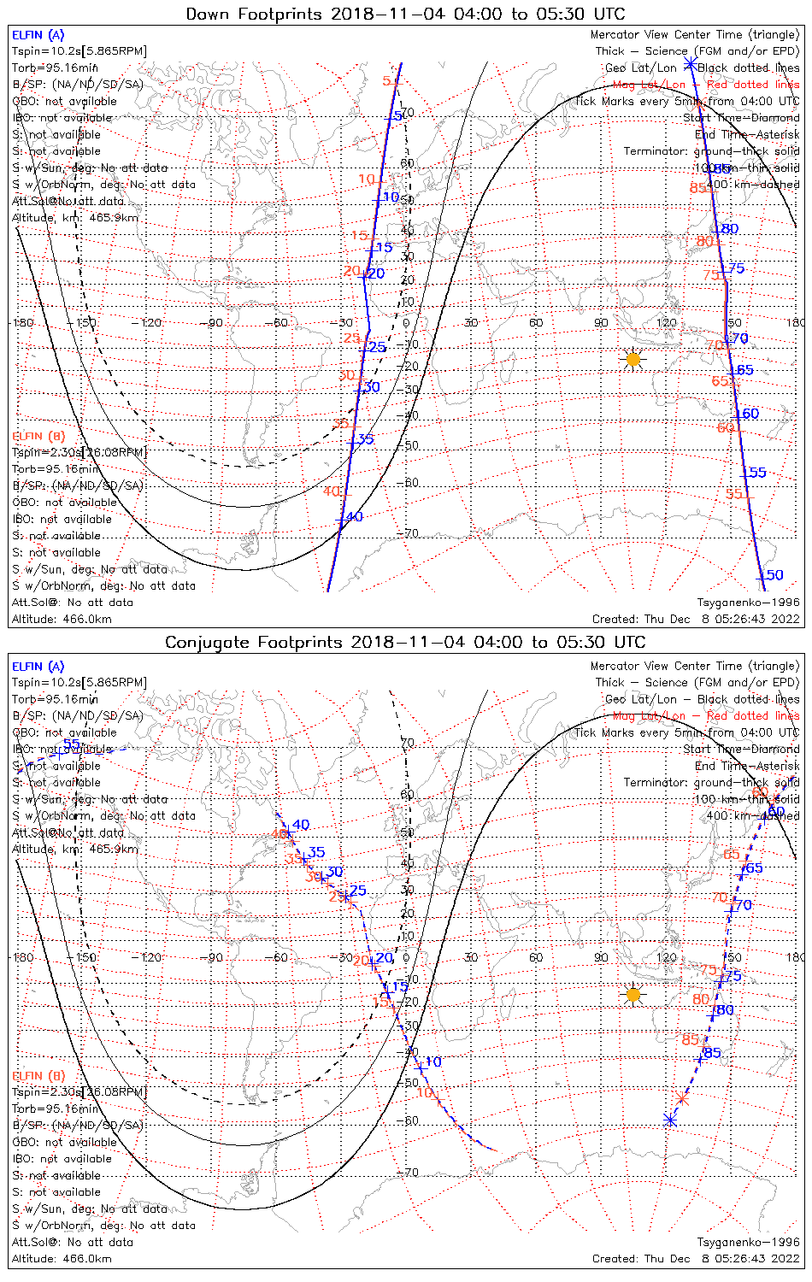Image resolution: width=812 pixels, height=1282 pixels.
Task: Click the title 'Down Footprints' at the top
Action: pyautogui.click(x=256, y=14)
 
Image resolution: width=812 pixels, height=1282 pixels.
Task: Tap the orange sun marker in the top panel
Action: pyautogui.click(x=633, y=360)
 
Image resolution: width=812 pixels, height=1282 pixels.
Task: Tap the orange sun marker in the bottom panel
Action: pyautogui.click(x=633, y=995)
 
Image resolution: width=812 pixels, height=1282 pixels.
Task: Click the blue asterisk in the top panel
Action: pyautogui.click(x=690, y=63)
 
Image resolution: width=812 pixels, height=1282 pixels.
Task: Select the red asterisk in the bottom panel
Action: pyautogui.click(x=681, y=1099)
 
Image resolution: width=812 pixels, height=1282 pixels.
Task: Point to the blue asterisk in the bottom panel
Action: pyautogui.click(x=670, y=1120)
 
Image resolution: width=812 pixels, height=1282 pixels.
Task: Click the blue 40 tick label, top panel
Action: pyautogui.click(x=354, y=516)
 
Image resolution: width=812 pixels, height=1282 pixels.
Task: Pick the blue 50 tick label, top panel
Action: pyautogui.click(x=774, y=575)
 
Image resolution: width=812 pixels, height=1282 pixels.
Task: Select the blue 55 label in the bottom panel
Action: pyautogui.click(x=72, y=744)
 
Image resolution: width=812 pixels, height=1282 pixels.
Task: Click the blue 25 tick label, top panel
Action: pyautogui.click(x=377, y=347)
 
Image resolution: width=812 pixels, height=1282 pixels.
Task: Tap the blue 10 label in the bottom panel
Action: pyautogui.click(x=433, y=1061)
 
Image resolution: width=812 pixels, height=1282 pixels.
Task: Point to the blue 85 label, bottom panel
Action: pyautogui.click(x=712, y=1053)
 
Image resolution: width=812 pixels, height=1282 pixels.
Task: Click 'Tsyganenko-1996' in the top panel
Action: pyautogui.click(x=748, y=603)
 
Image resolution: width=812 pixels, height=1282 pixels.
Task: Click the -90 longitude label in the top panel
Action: pyautogui.click(x=214, y=322)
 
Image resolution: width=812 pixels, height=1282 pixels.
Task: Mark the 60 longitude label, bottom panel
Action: pyautogui.click(x=536, y=957)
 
